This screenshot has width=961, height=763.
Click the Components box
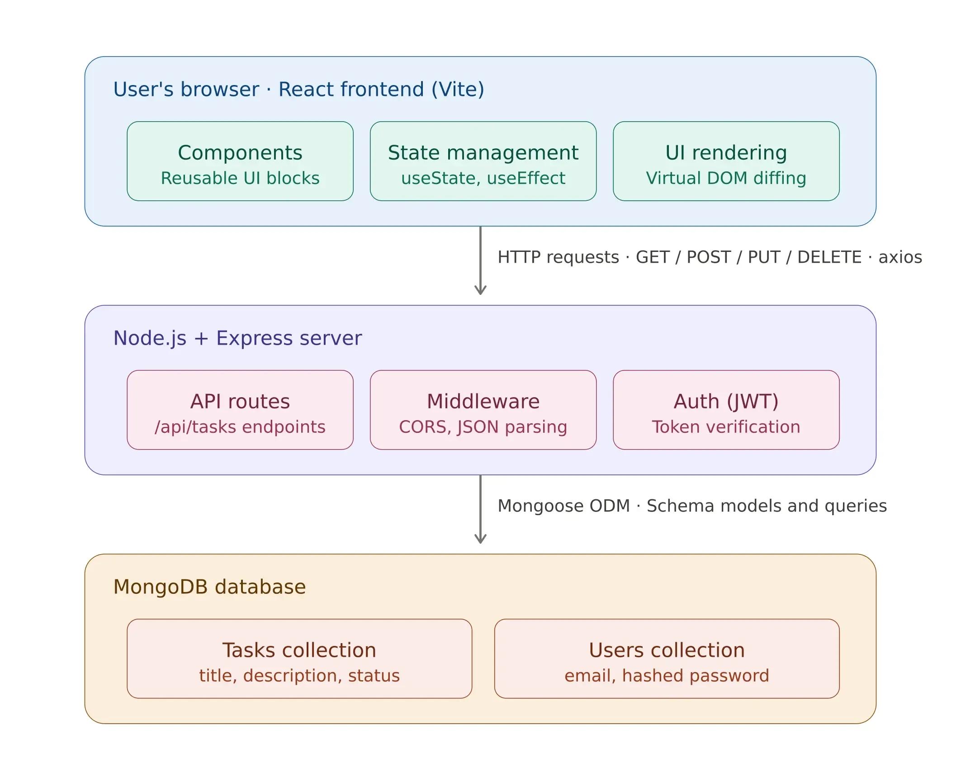pos(240,161)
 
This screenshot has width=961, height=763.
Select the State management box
pos(483,161)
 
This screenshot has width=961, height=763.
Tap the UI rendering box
pos(726,161)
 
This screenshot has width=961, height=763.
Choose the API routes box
pos(240,409)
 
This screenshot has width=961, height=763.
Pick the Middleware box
pos(483,409)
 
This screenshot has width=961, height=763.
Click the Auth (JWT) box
pos(726,409)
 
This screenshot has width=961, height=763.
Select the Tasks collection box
pos(299,658)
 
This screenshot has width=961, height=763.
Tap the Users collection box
pos(667,658)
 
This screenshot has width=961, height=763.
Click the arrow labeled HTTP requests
pos(480,261)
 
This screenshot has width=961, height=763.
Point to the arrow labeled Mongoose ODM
pos(480,509)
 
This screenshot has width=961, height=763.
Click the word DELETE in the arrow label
pos(829,257)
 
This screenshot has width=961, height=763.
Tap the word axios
pos(900,257)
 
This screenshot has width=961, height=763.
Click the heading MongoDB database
pos(209,587)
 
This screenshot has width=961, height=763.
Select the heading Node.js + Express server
pos(237,338)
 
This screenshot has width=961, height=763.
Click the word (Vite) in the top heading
pos(458,89)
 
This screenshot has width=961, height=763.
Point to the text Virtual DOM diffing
pos(726,178)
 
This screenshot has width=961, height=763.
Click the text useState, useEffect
pos(483,178)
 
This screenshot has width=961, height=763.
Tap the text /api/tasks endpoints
pos(240,427)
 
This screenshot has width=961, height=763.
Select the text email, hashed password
pos(667,676)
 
